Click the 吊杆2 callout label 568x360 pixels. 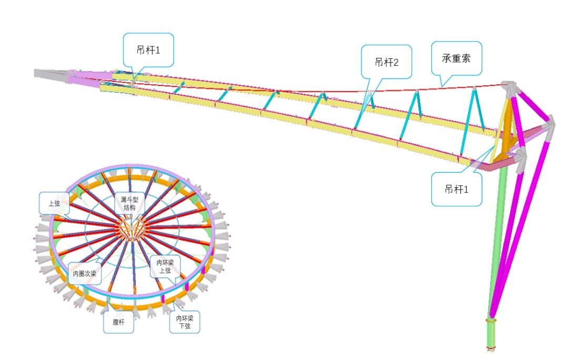coord(387,62)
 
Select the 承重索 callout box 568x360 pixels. coord(457,58)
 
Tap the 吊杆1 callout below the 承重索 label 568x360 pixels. coord(457,189)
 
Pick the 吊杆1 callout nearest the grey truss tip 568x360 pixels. coord(148,50)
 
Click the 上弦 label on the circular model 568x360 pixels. coord(54,203)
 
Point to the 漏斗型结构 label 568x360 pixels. coord(129,203)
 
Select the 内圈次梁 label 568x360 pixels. coord(84,273)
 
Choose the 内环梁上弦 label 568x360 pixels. coord(165,266)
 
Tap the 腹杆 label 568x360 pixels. coord(118,322)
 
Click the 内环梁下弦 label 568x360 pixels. coord(185,322)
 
